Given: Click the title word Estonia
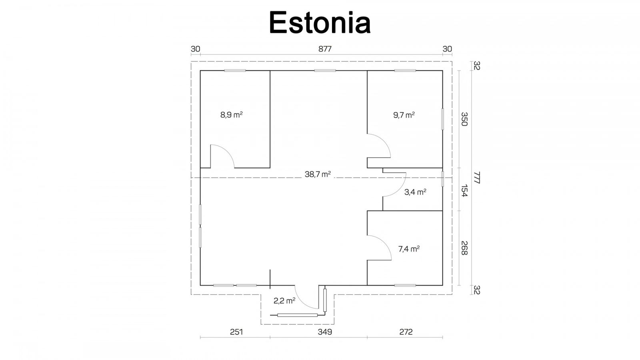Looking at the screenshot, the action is (x=320, y=22).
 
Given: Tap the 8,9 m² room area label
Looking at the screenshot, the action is (x=232, y=115).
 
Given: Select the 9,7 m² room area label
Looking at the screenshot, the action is (x=404, y=115).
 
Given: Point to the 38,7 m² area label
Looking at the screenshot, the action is (x=318, y=174).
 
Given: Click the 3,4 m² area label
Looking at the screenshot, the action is (x=415, y=192).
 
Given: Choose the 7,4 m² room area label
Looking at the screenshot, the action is (x=409, y=249).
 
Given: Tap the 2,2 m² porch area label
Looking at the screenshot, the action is (x=284, y=300).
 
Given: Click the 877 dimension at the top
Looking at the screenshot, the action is (x=325, y=49).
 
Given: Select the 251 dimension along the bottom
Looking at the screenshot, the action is (x=236, y=332).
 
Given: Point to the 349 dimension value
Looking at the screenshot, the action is (x=325, y=332).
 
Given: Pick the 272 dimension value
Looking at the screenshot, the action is (x=406, y=332).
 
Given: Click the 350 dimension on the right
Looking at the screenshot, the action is (x=464, y=119).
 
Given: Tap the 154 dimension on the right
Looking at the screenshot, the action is (x=464, y=190).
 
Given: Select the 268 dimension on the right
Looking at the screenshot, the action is (x=464, y=248).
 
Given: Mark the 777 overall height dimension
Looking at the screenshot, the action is (x=477, y=178).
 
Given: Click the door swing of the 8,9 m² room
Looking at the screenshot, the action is (x=228, y=152).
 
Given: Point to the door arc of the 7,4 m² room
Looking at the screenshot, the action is (x=384, y=243).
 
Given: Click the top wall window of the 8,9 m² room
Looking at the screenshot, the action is (x=235, y=70).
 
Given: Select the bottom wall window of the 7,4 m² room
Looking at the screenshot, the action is (x=405, y=285).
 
